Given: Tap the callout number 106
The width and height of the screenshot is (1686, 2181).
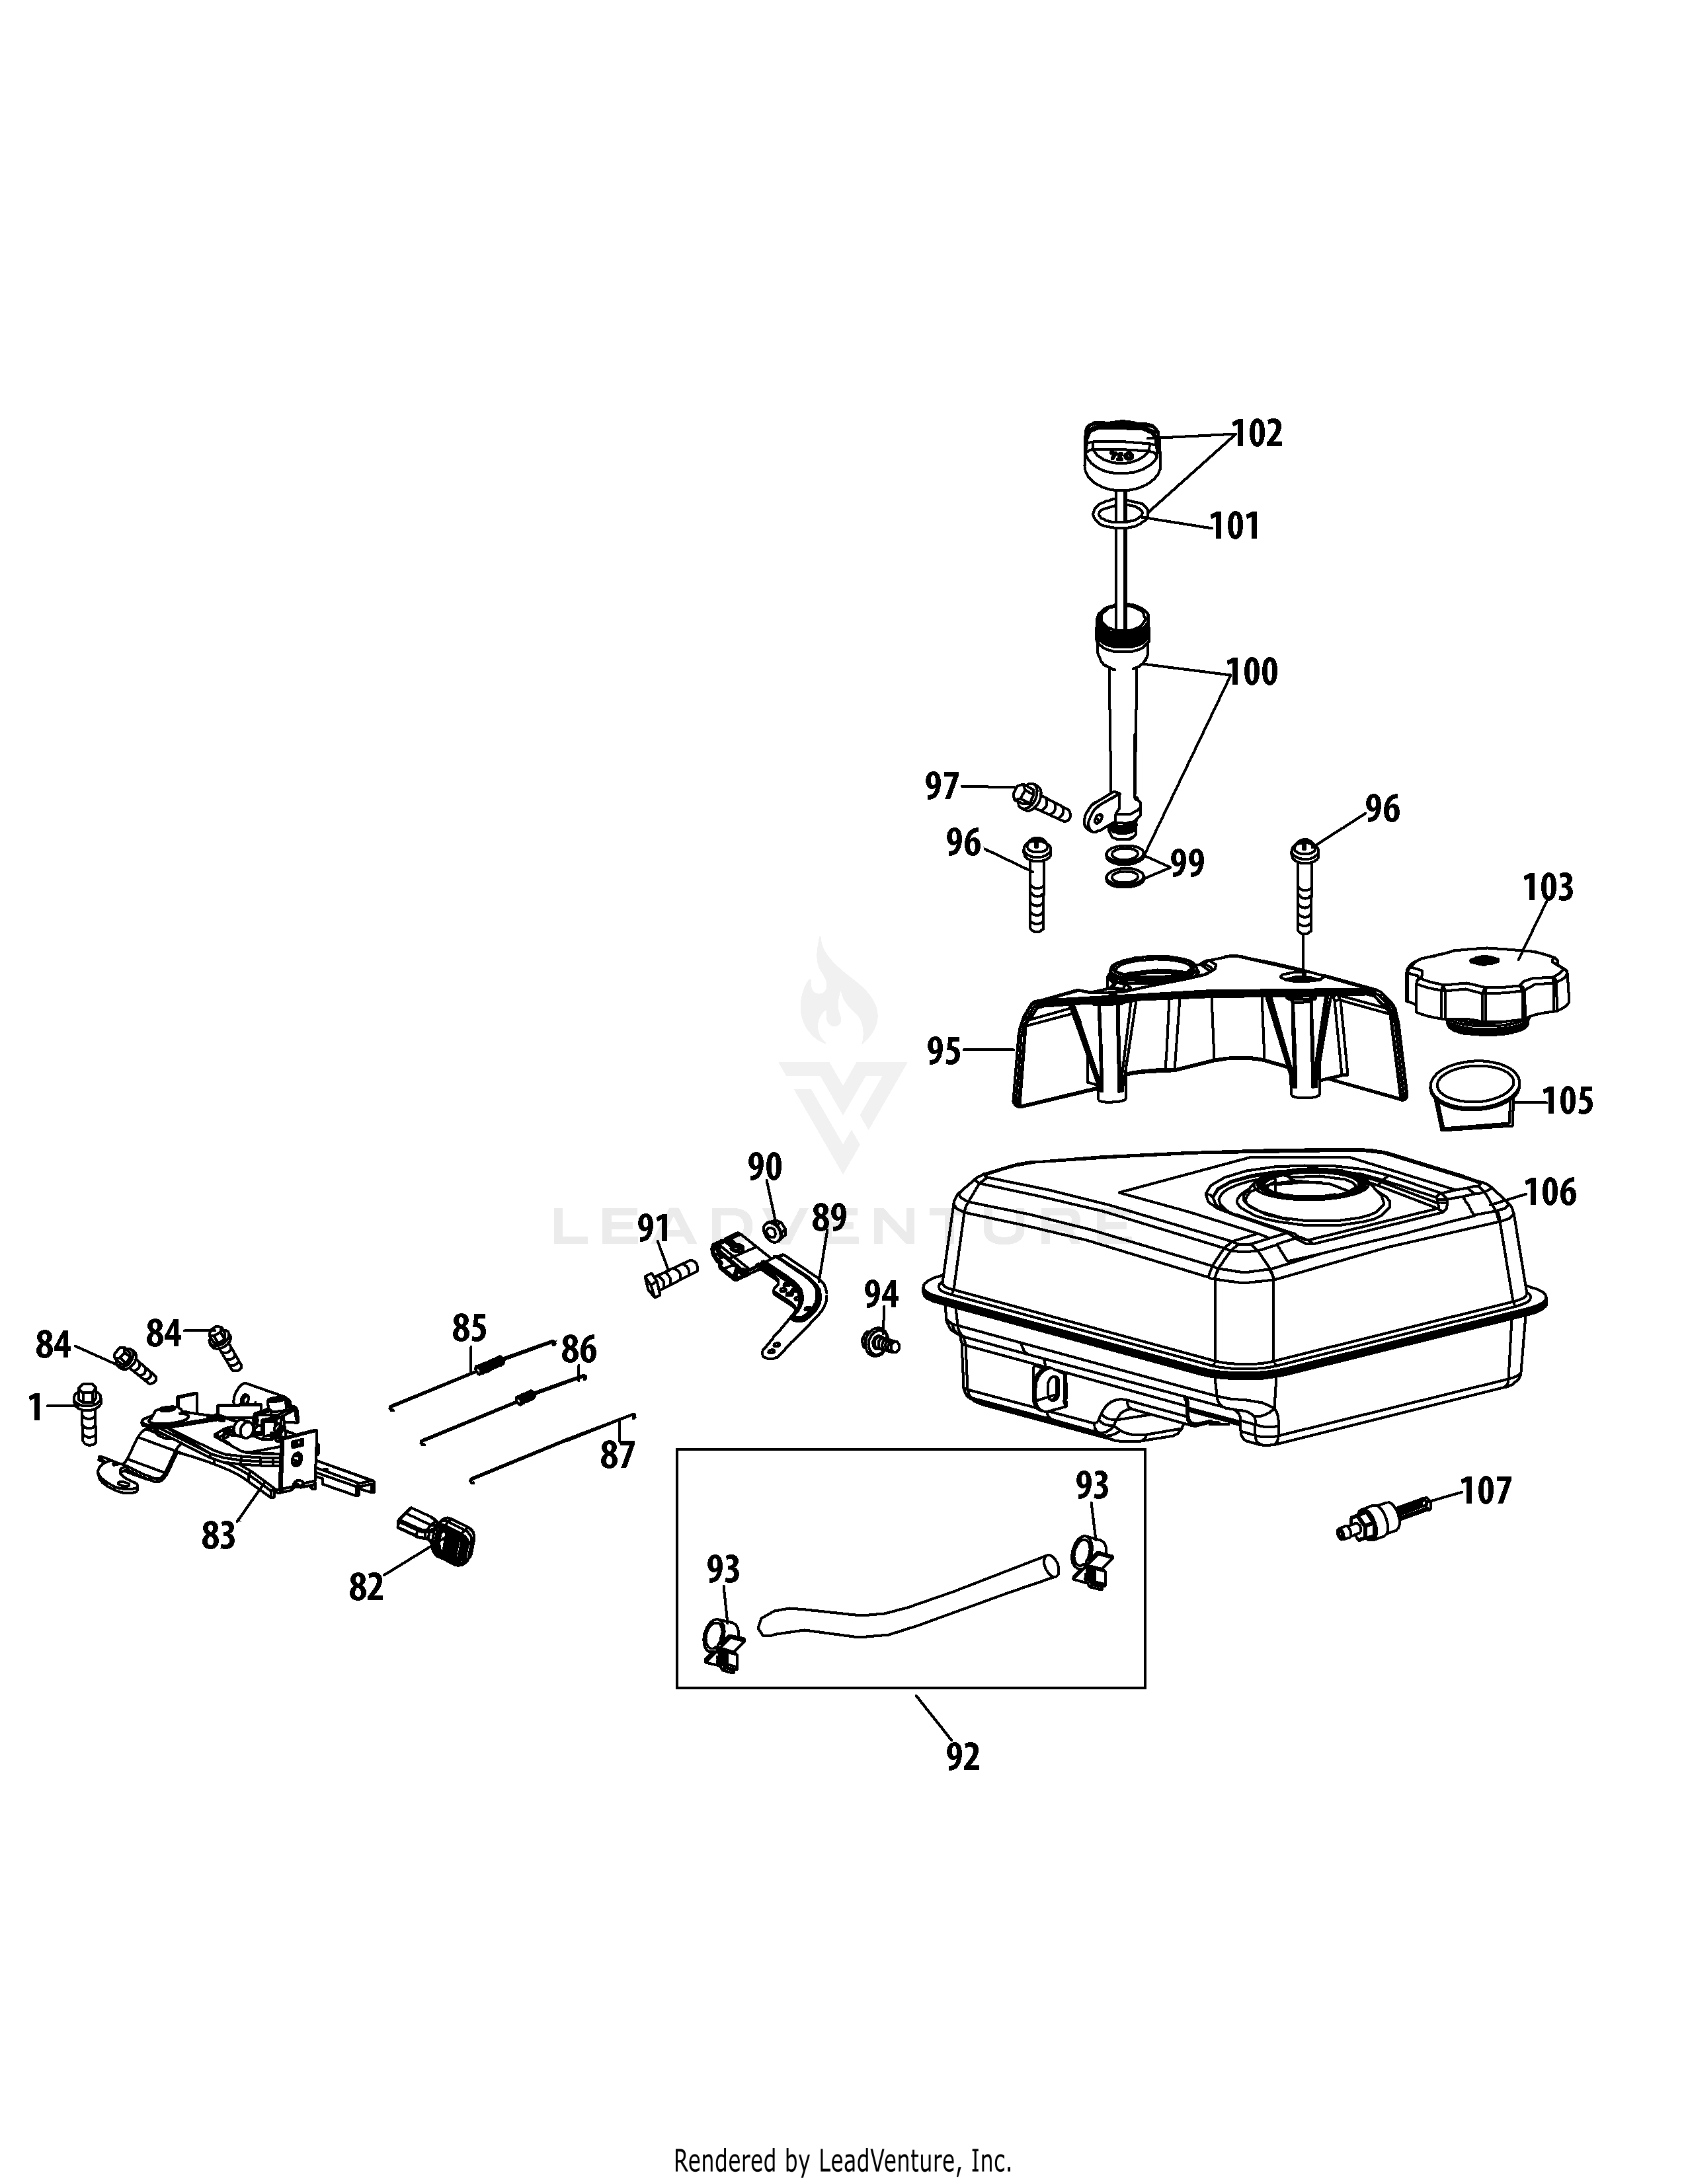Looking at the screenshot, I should coord(1550,1192).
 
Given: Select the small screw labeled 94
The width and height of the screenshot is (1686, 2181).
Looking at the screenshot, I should coord(879,1341).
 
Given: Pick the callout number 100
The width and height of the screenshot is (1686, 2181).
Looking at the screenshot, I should coord(1252,672).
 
